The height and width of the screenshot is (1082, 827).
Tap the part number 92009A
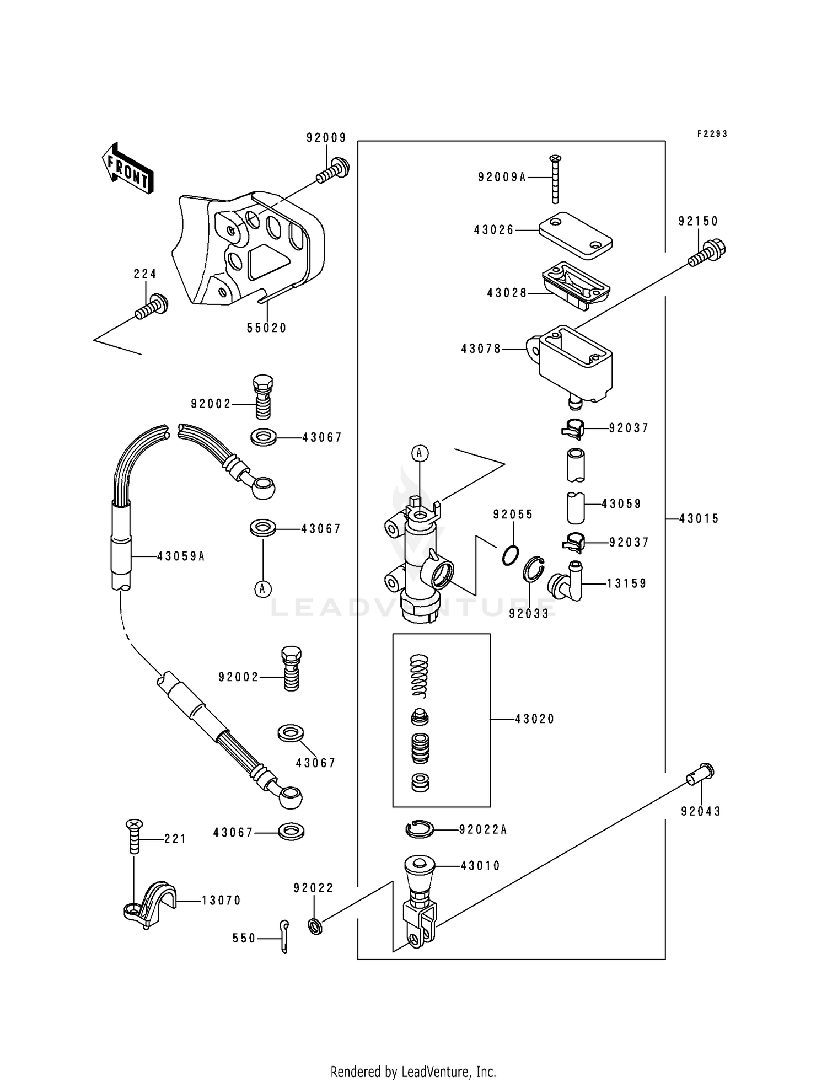tap(502, 177)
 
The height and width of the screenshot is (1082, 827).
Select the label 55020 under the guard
tap(266, 328)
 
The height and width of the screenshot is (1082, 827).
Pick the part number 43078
tap(481, 349)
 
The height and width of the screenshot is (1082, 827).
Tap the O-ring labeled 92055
tap(511, 555)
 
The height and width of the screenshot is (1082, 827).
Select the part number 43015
tap(699, 518)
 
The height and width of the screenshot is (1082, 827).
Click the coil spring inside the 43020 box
tap(420, 676)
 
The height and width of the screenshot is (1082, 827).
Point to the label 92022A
tap(482, 829)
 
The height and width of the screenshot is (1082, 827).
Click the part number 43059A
tap(181, 557)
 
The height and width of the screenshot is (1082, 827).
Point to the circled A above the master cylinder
tap(420, 453)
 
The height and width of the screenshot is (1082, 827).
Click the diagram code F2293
tap(712, 134)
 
